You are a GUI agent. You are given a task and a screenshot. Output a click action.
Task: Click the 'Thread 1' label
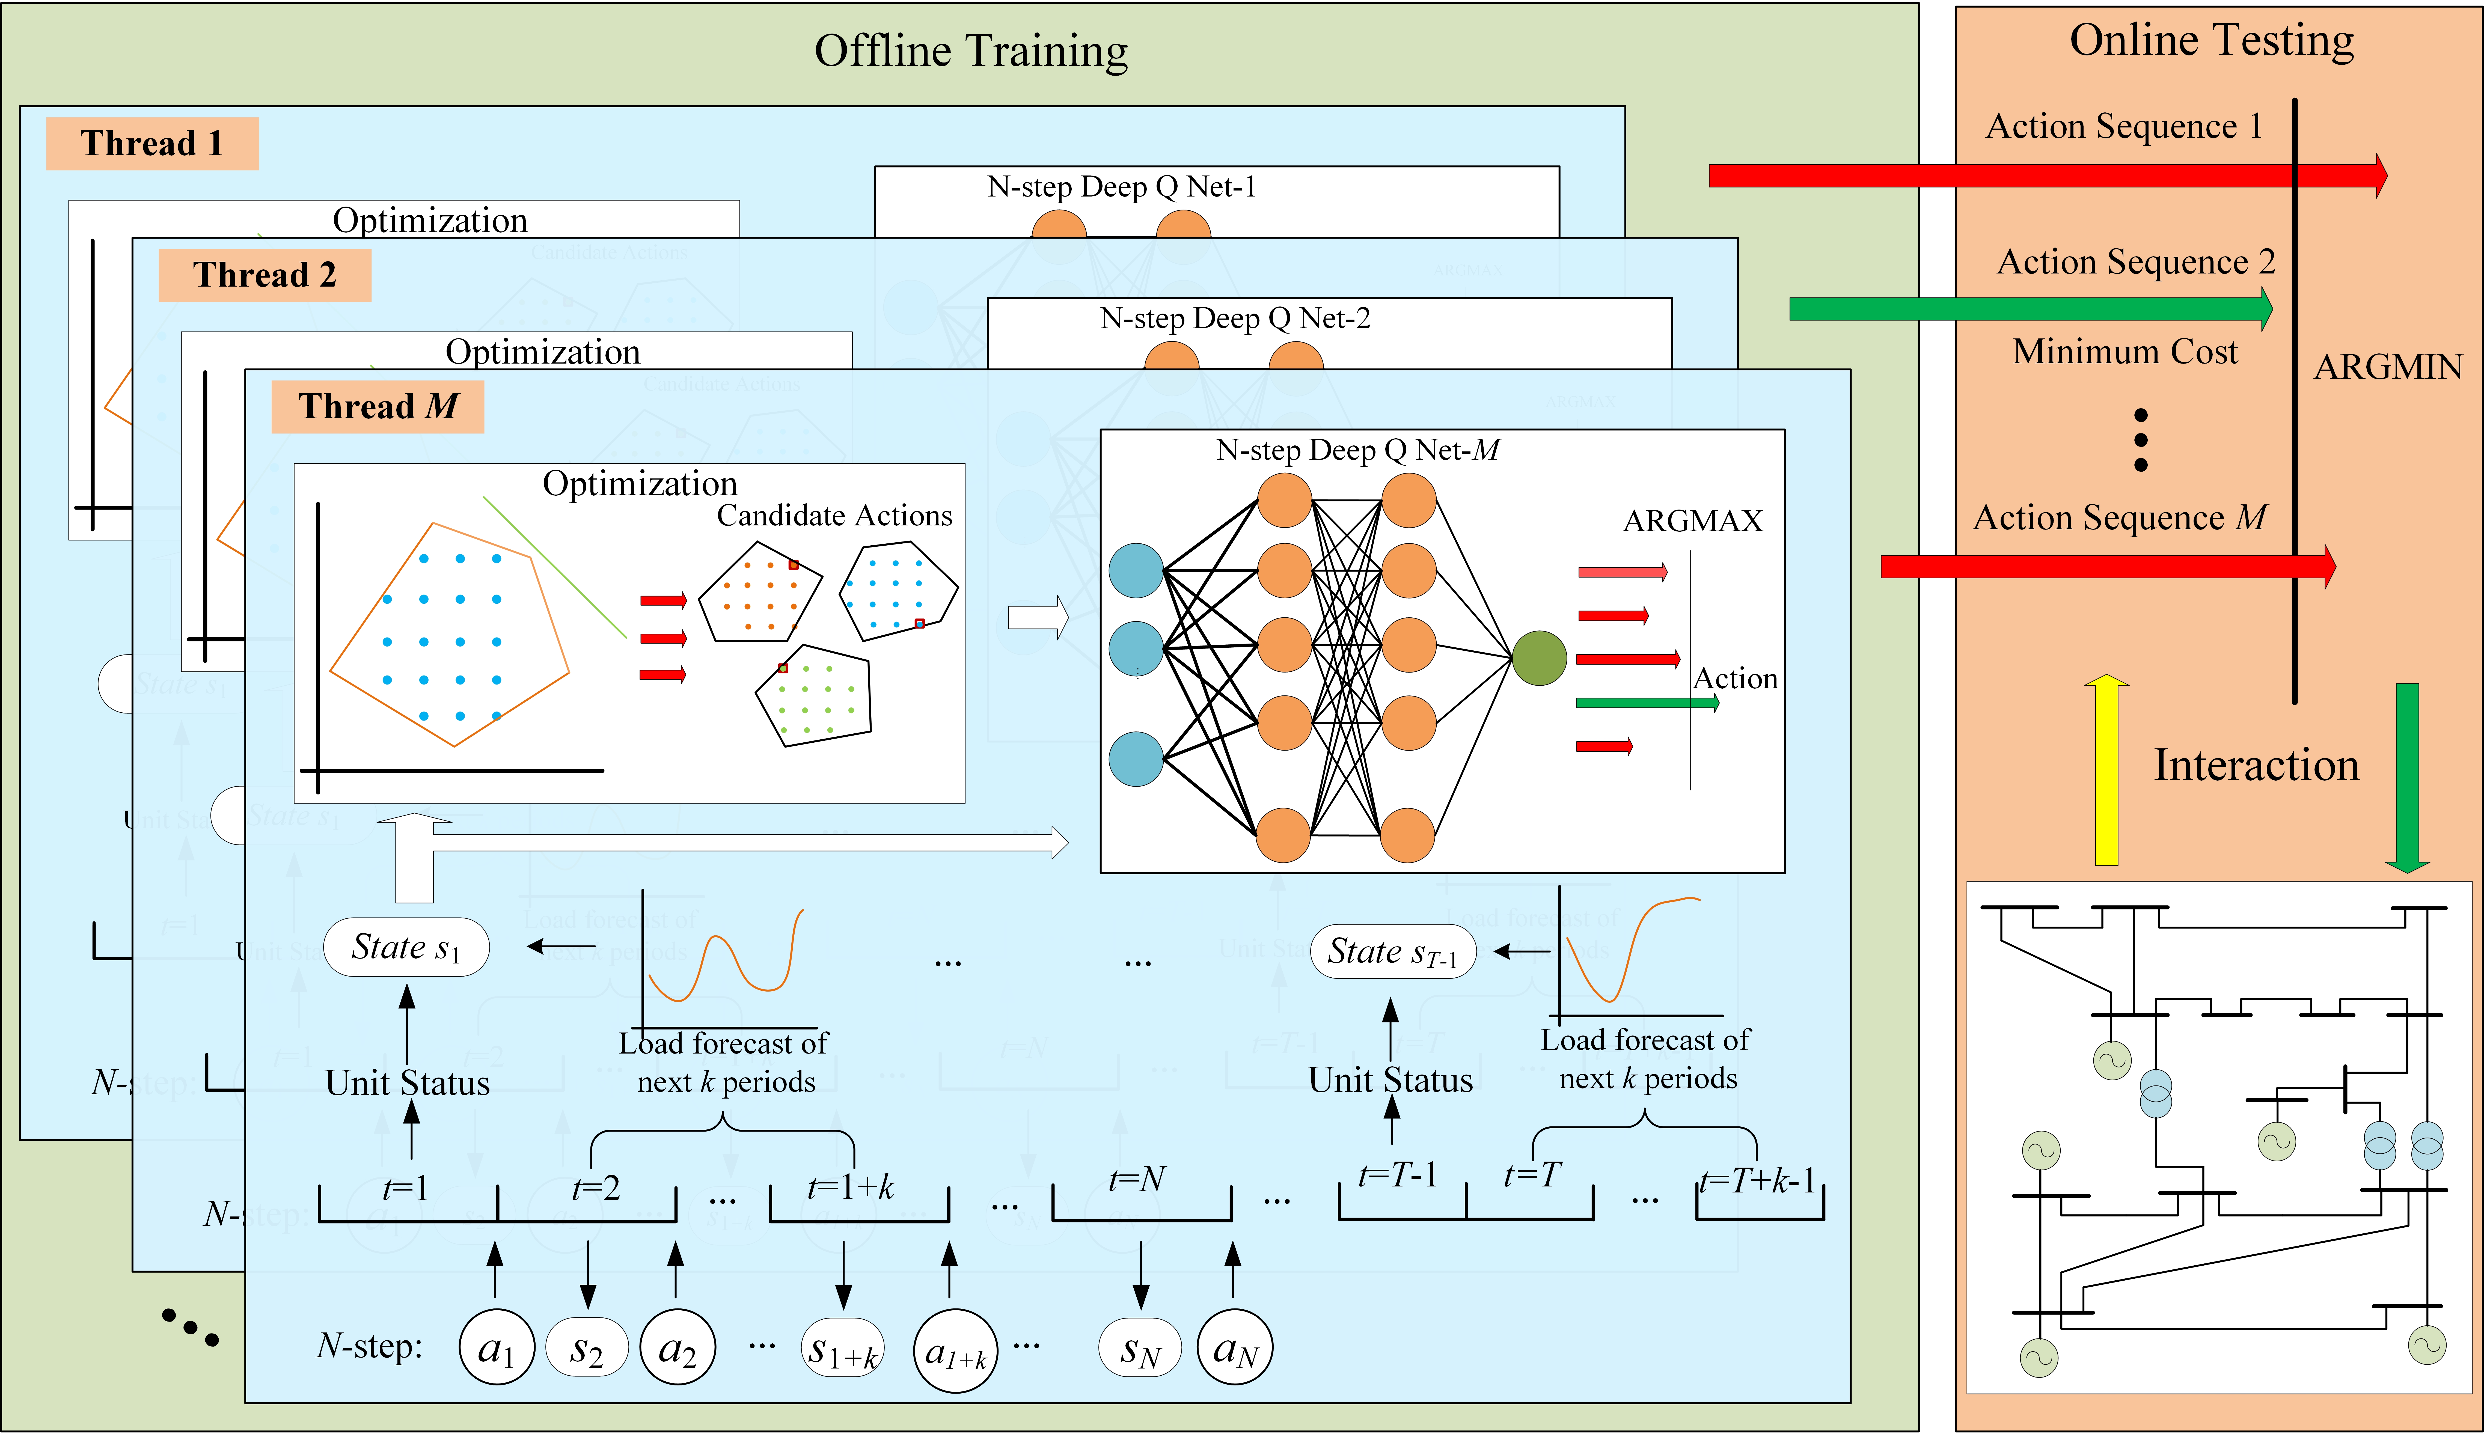pyautogui.click(x=152, y=144)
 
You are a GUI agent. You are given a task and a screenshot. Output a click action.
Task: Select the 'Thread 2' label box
pyautogui.click(x=264, y=275)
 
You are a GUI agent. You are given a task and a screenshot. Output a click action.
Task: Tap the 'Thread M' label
pyautogui.click(x=378, y=406)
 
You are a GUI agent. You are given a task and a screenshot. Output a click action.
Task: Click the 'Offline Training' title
pyautogui.click(x=971, y=51)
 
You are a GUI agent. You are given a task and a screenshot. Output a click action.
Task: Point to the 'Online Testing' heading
pyautogui.click(x=2211, y=41)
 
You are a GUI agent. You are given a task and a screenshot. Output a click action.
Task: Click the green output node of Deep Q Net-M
pyautogui.click(x=1539, y=658)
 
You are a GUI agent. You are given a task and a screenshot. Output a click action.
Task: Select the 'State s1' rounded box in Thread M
pyautogui.click(x=406, y=947)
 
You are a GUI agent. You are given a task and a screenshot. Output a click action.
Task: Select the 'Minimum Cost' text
pyautogui.click(x=2125, y=352)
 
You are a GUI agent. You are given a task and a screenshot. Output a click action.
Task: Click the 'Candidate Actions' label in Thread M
pyautogui.click(x=834, y=516)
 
